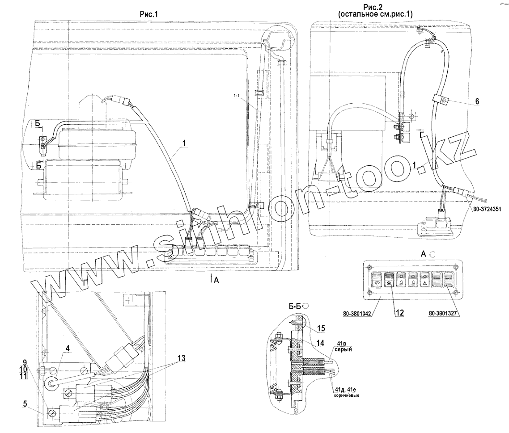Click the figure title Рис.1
tap(149, 14)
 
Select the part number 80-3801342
tap(361, 313)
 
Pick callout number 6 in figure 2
tap(477, 101)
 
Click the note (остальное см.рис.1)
tap(375, 14)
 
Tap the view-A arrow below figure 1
tap(211, 280)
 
